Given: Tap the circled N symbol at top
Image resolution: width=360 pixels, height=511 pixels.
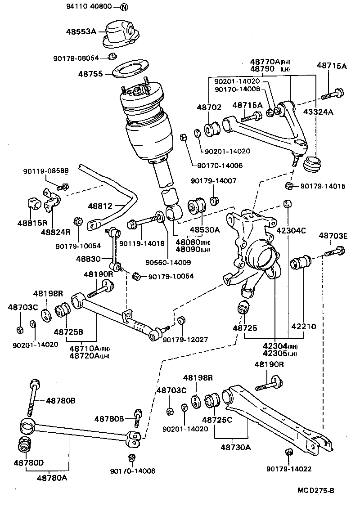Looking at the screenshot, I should coord(124,7).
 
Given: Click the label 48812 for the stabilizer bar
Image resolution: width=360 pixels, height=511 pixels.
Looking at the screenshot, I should coord(100,206).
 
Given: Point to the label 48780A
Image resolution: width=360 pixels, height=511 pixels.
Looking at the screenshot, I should coord(52,478).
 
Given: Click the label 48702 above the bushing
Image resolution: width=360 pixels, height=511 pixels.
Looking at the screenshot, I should coord(209,108).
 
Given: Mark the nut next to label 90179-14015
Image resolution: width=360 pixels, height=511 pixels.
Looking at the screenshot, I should coord(289,186).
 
